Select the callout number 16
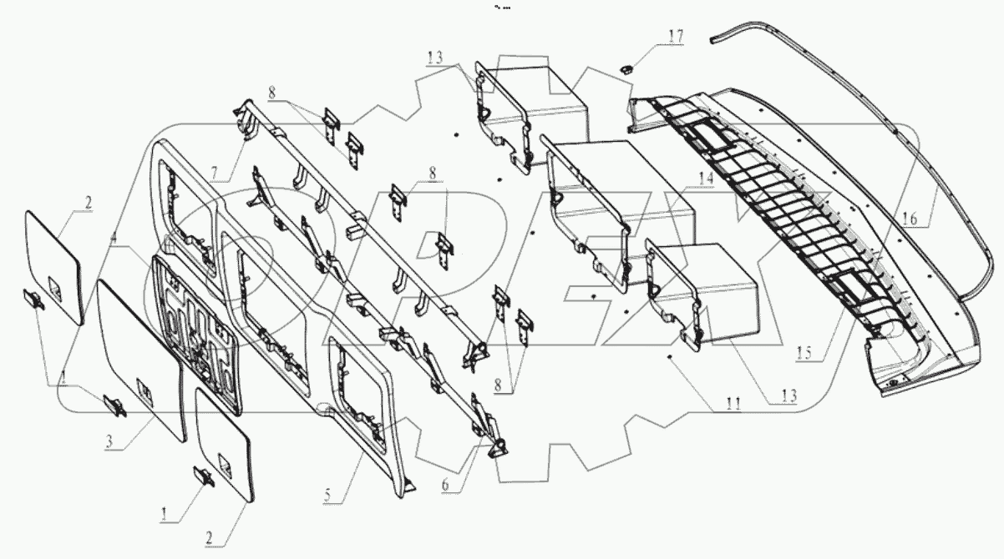910,219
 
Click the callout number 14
707,179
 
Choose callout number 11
733,404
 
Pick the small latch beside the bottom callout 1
203,476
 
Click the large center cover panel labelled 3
138,355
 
